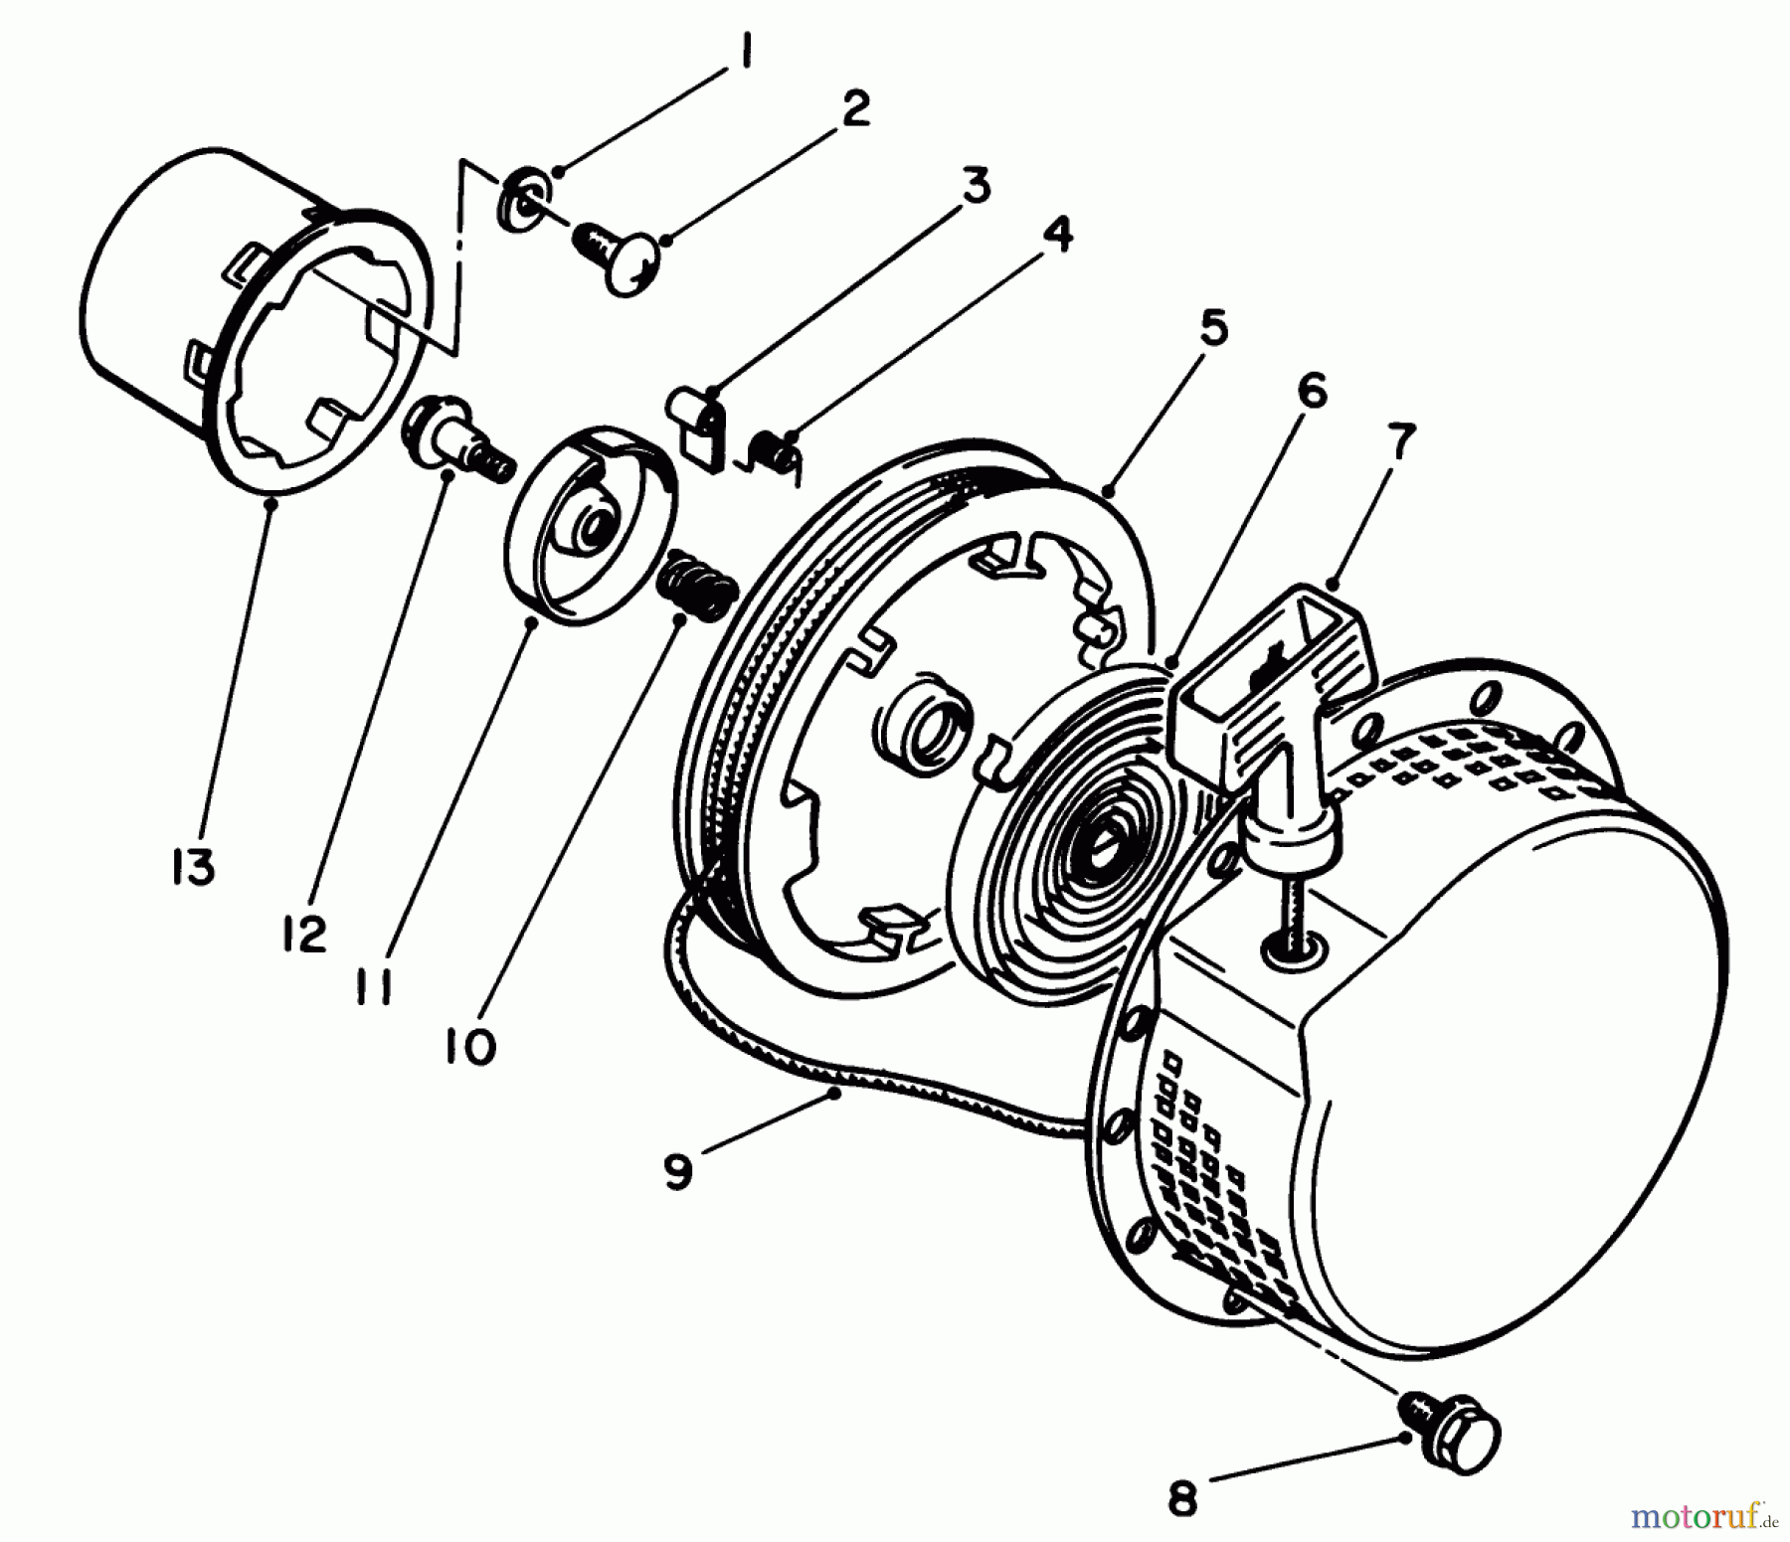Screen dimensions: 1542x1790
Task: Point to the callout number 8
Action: [1182, 1499]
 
